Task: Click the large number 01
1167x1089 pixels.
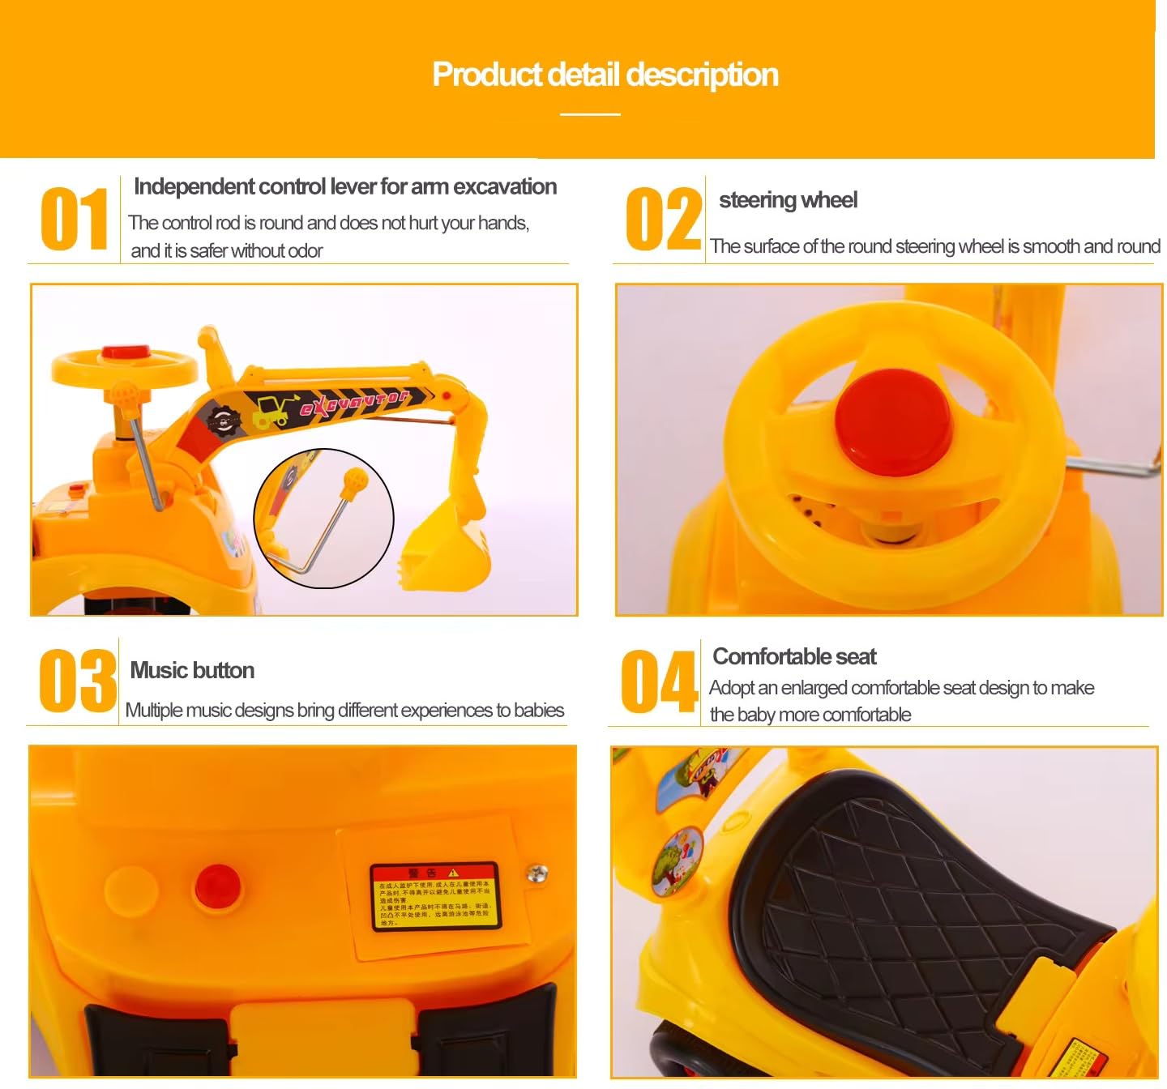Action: tap(74, 219)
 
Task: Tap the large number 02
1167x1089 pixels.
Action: tap(662, 219)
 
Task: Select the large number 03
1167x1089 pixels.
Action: tap(77, 681)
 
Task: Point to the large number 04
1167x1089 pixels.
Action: tap(659, 681)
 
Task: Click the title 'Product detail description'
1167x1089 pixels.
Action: tap(605, 75)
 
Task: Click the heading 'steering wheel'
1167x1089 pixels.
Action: tap(788, 200)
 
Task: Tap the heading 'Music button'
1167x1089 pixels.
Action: tap(192, 670)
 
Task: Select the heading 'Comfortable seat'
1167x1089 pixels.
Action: tap(794, 656)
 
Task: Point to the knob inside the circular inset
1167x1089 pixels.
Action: tap(355, 481)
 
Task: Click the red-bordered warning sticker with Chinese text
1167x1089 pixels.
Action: tap(435, 896)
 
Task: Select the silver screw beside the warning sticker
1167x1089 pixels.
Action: tap(537, 873)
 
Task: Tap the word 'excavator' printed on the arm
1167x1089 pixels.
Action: tap(354, 402)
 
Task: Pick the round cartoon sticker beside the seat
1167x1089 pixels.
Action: tap(680, 859)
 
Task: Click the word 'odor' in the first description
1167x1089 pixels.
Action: tap(305, 251)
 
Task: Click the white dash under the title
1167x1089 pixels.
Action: tap(590, 114)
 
